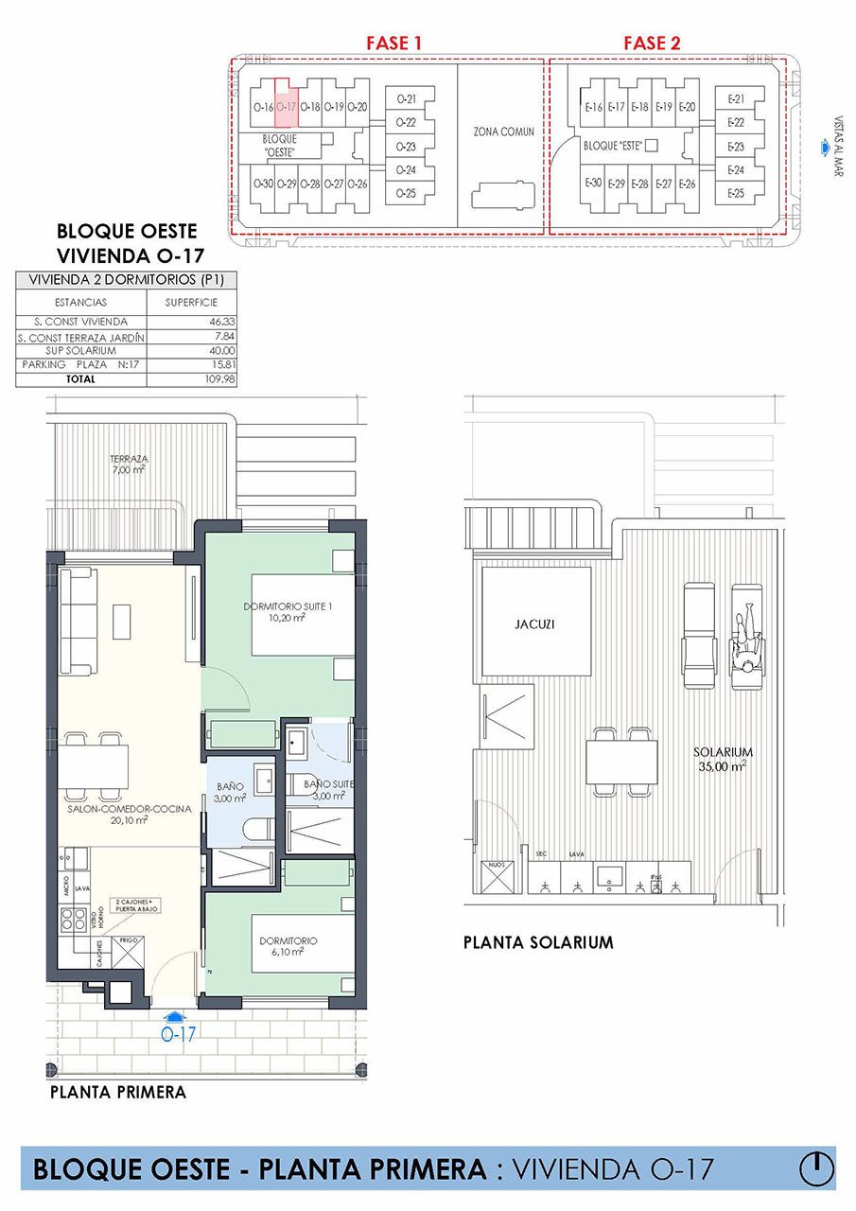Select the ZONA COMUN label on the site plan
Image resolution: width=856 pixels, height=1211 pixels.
(x=504, y=132)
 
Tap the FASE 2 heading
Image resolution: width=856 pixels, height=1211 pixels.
(x=652, y=43)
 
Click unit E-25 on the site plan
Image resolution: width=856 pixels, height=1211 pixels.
(x=737, y=193)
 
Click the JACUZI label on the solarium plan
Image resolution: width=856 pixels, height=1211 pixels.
(x=536, y=624)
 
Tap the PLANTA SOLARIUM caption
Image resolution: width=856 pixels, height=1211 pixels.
(x=538, y=942)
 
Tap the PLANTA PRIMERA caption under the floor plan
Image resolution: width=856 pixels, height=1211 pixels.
(x=118, y=1092)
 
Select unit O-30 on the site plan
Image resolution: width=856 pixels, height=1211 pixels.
(x=263, y=184)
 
